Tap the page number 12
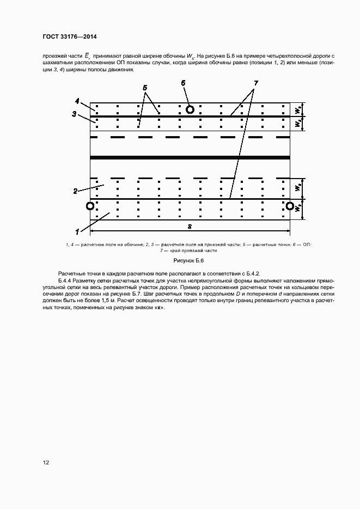(46, 463)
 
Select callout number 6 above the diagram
(184, 82)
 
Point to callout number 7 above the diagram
(255, 83)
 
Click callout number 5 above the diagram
(145, 87)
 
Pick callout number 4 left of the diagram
(77, 101)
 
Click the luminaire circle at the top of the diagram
(190, 109)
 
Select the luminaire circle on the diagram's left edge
(90, 206)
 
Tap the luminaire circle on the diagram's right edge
(290, 206)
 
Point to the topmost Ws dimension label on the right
(297, 109)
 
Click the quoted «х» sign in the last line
(158, 308)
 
